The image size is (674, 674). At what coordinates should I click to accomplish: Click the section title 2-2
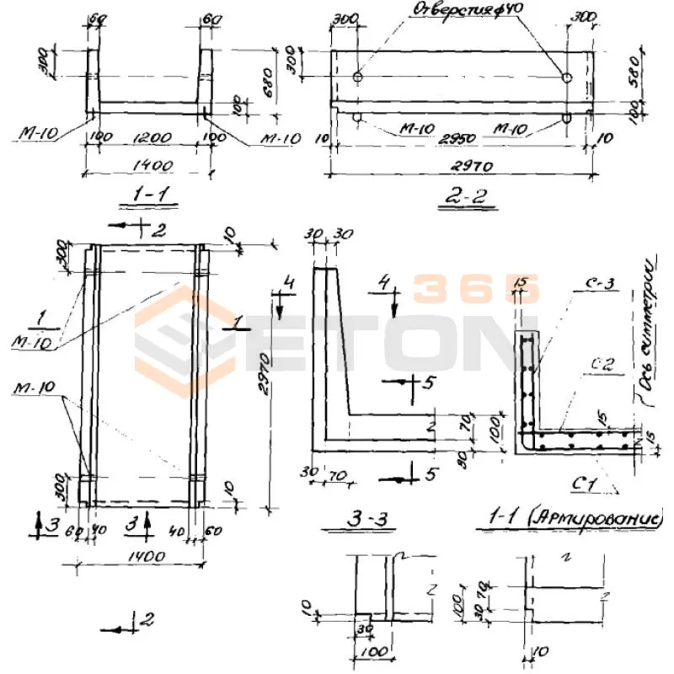coord(468,199)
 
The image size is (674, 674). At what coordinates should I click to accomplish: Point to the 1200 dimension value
coord(151,136)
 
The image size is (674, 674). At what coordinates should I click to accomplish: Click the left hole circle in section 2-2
coord(357,78)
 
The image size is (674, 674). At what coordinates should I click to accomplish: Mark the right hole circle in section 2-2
coord(567,78)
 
